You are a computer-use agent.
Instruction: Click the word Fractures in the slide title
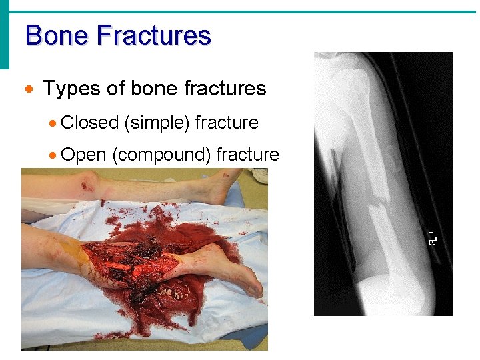point(154,35)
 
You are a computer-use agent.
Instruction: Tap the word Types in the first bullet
point(67,89)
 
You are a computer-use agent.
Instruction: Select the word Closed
point(89,123)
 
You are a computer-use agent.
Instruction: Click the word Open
point(83,155)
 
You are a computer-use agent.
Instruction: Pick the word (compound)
point(161,155)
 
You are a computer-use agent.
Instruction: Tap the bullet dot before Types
point(28,89)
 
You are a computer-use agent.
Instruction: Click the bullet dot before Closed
point(52,123)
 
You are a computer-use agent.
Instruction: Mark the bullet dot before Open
point(52,155)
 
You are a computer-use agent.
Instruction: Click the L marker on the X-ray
point(432,238)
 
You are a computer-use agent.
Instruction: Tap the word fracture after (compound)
point(247,155)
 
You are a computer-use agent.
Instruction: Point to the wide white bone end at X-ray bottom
point(381,293)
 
